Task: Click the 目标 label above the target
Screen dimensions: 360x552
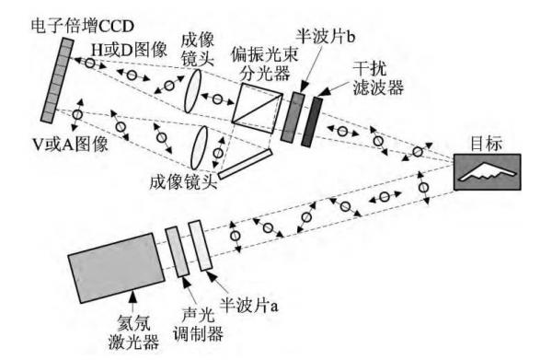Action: (x=489, y=144)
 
